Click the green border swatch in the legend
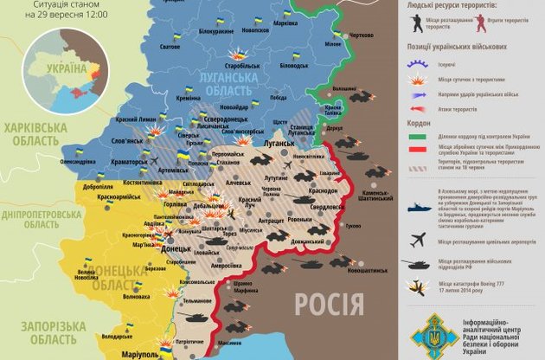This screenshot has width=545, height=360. [x=417, y=136]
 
